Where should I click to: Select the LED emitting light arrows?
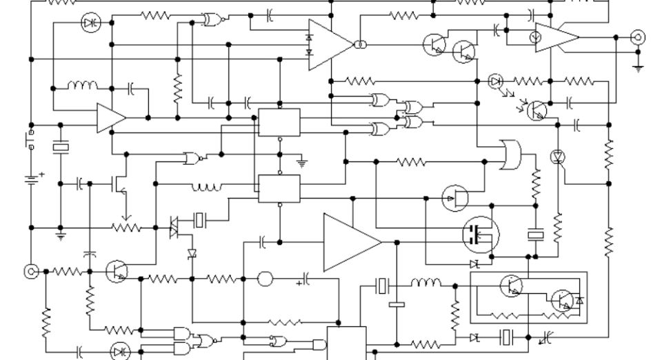(x=495, y=81)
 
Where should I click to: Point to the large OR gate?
(x=510, y=154)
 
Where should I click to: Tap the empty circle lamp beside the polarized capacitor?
(x=265, y=279)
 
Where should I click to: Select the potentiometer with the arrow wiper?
(x=126, y=226)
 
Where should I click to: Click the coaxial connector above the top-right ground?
(x=639, y=37)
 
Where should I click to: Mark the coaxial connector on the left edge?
(x=31, y=271)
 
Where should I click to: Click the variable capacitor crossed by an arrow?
(x=547, y=337)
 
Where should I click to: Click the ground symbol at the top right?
(x=639, y=68)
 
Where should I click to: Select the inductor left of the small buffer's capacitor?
(x=82, y=87)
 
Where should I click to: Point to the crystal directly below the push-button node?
(x=61, y=147)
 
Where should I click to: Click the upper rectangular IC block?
(x=279, y=123)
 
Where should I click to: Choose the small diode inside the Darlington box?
(x=580, y=301)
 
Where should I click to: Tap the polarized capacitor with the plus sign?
(x=305, y=279)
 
